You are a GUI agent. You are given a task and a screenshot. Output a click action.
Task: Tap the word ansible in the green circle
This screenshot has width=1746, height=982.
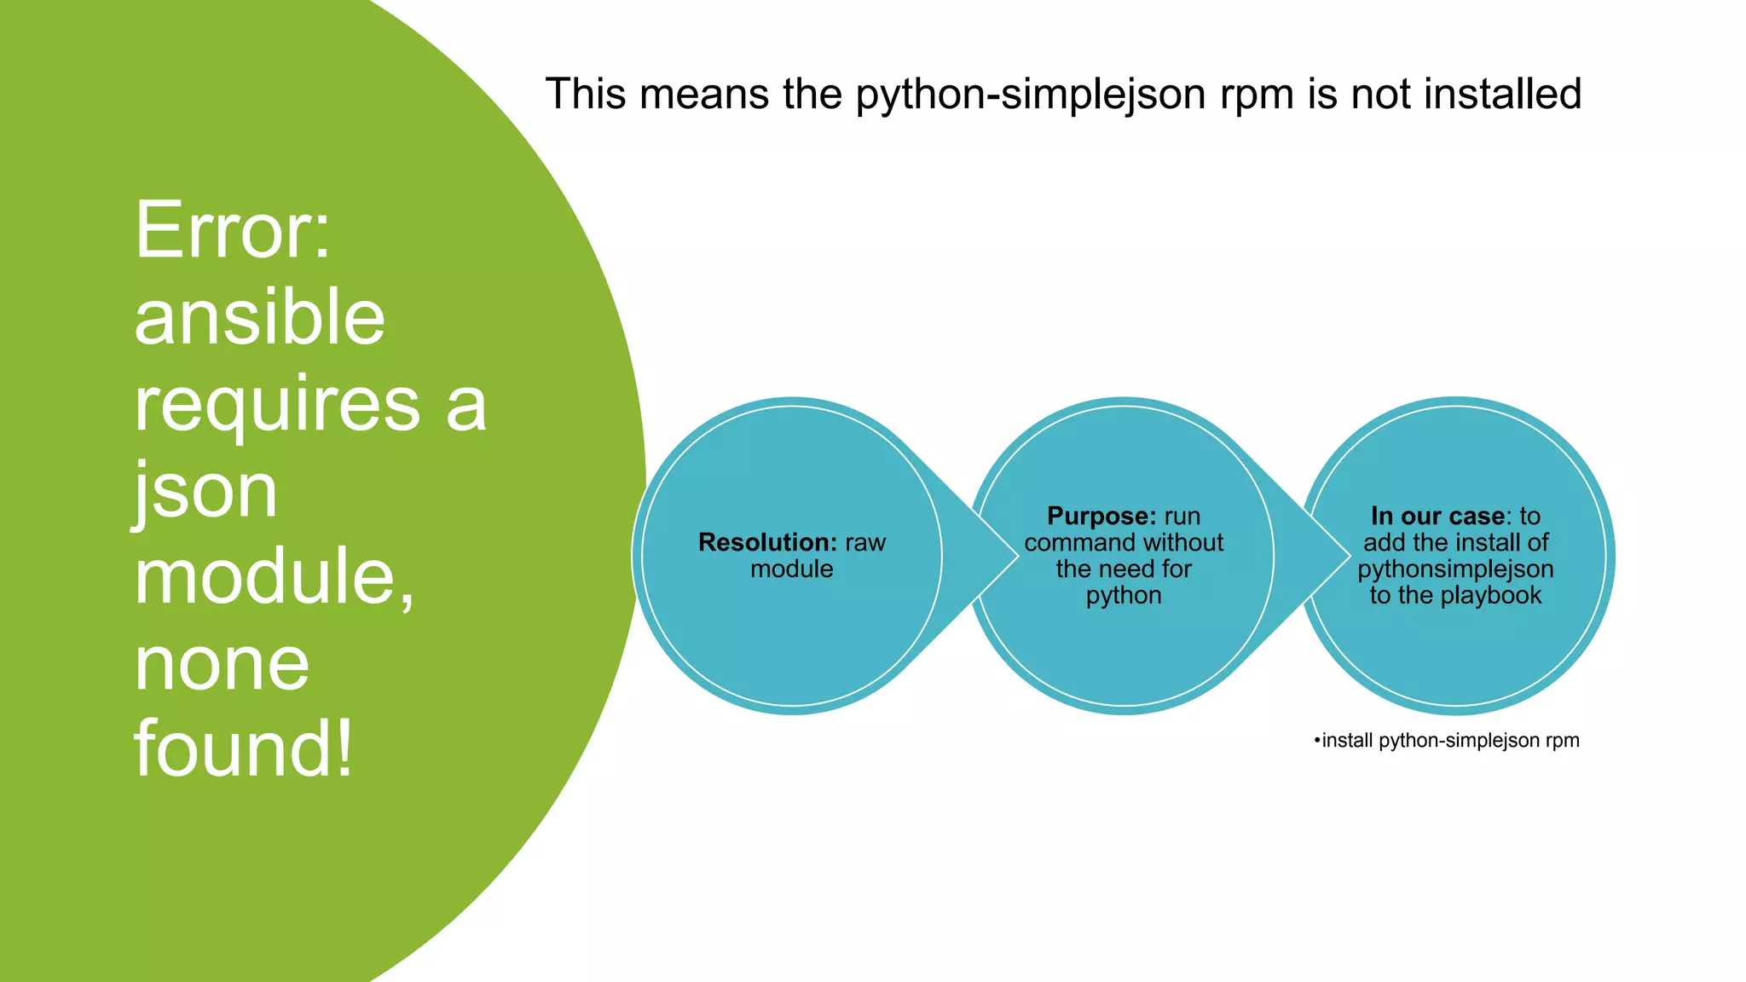tap(260, 317)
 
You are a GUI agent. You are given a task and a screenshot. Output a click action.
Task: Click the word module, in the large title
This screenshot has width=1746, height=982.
tap(275, 576)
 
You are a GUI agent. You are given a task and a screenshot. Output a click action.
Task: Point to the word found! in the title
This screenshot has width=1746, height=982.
tap(243, 748)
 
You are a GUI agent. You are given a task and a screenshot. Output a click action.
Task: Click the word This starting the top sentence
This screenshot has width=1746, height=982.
tap(586, 94)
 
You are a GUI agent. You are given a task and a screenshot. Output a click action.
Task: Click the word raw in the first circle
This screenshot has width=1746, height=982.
tap(865, 542)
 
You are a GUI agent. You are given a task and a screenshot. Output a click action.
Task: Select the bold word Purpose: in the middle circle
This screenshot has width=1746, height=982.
tap(1101, 516)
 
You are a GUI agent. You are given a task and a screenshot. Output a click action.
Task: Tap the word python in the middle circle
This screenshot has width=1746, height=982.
tap(1124, 595)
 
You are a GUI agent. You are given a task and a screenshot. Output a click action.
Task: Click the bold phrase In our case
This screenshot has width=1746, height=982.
tap(1437, 516)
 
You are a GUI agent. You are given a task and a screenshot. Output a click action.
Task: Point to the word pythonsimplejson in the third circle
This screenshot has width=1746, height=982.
tap(1455, 569)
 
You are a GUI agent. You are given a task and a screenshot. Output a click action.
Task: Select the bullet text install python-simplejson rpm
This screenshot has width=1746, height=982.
tap(1448, 740)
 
